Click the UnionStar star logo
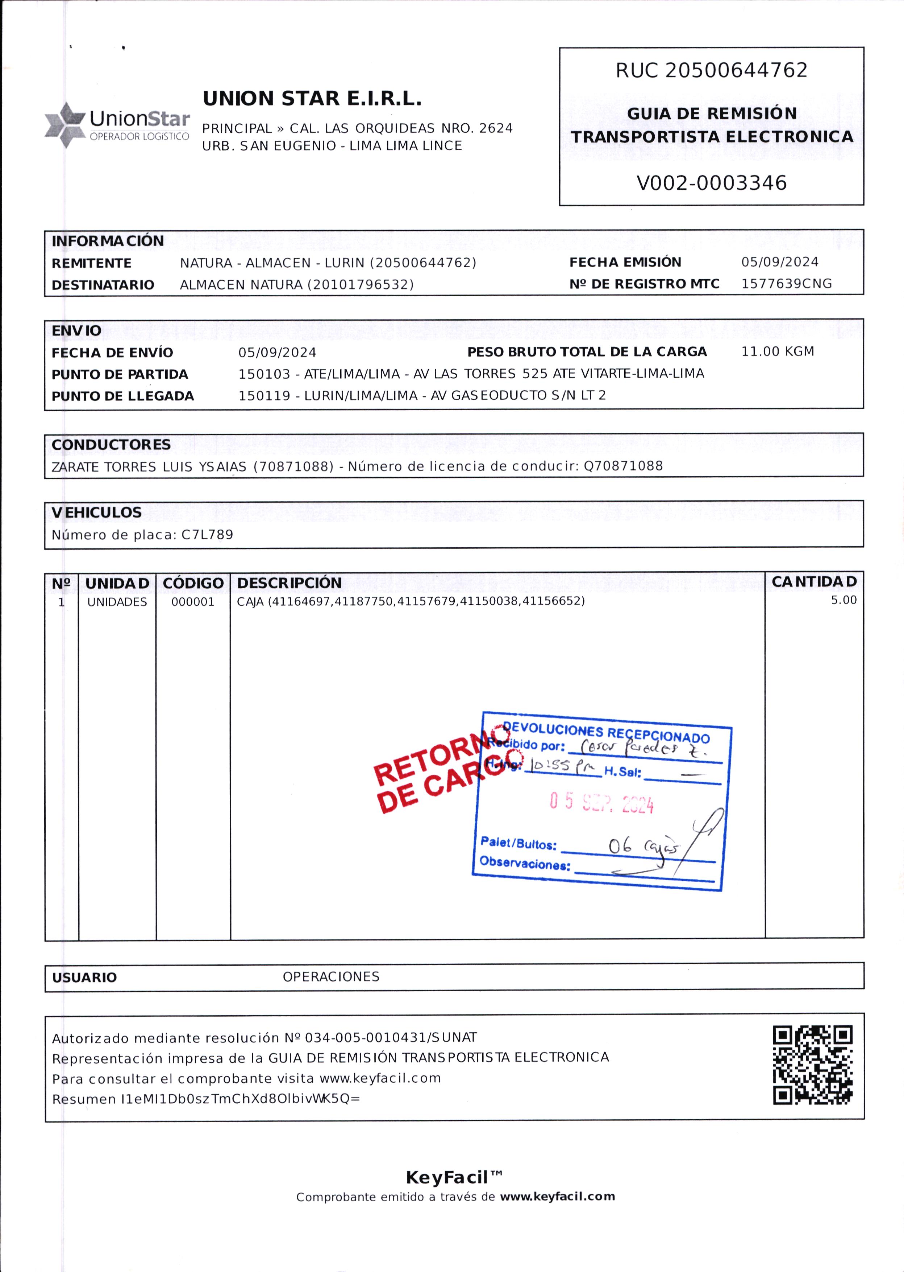click(66, 124)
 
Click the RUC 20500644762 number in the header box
click(711, 70)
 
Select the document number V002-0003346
click(711, 183)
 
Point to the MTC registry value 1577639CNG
click(786, 284)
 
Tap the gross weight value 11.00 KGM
click(777, 351)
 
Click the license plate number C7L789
click(207, 535)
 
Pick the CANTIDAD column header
click(814, 582)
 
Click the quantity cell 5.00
click(843, 600)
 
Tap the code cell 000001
click(193, 602)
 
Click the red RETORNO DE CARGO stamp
click(432, 772)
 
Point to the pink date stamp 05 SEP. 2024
click(601, 803)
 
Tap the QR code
click(812, 1065)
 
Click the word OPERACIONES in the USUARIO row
click(331, 977)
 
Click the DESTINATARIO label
click(103, 285)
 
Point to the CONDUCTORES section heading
click(111, 445)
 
